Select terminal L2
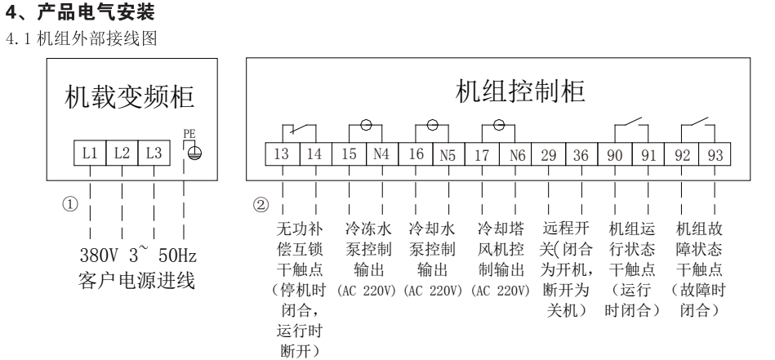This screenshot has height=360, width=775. tap(122, 152)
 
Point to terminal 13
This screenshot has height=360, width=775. tap(282, 154)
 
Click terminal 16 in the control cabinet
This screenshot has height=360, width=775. tap(415, 154)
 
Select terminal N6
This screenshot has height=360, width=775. tap(514, 154)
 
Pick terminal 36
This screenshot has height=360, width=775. tap(581, 154)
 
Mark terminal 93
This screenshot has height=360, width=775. tap(715, 154)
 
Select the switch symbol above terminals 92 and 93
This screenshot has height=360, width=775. tap(697, 127)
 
